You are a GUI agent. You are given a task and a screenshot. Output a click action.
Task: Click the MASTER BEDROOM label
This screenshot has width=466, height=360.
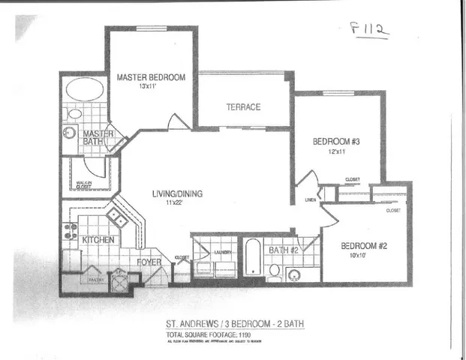point(151,76)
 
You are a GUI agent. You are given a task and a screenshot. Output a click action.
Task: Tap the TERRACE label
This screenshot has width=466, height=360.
point(243,107)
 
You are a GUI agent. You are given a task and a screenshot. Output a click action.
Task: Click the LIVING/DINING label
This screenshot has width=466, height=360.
point(178,193)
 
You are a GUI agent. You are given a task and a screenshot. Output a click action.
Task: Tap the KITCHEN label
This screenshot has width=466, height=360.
point(98,240)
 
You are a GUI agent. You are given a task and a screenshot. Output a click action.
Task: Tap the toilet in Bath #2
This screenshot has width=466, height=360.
point(275,270)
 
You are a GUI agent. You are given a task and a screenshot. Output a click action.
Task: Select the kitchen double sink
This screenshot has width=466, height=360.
point(116,218)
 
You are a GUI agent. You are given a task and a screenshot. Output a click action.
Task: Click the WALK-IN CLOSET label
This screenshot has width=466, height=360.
point(83,184)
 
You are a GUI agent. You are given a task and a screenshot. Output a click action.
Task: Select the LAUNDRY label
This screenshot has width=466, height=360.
point(222,253)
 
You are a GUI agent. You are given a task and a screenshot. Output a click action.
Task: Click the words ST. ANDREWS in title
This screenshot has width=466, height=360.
point(191,324)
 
